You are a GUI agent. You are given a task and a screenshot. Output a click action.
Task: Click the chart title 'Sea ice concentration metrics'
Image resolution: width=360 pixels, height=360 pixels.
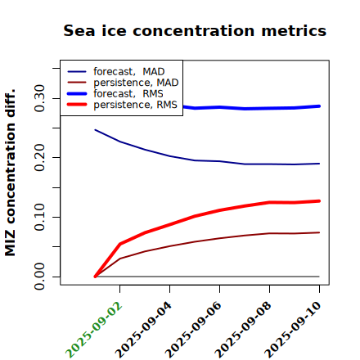(x=195, y=30)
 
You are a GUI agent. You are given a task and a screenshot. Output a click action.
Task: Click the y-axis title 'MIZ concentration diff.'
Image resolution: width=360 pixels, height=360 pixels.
(x=10, y=173)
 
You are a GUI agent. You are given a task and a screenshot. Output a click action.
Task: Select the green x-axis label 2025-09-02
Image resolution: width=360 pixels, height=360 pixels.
(x=94, y=330)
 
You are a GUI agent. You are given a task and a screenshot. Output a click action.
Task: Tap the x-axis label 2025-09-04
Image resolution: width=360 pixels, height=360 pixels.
(x=144, y=330)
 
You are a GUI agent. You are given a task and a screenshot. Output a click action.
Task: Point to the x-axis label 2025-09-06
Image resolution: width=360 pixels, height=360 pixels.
(x=194, y=330)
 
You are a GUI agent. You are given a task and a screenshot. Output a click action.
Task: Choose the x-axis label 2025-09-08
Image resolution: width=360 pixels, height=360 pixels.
(x=244, y=330)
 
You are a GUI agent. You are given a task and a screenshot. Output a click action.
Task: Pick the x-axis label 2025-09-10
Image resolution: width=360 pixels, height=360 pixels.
(x=294, y=330)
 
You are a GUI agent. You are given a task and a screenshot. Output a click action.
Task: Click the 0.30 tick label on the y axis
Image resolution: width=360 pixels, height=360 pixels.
(x=39, y=98)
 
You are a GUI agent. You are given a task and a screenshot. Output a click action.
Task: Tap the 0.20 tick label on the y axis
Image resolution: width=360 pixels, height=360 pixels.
(x=39, y=158)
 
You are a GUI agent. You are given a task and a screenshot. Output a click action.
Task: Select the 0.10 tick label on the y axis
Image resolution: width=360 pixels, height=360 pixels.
(x=39, y=217)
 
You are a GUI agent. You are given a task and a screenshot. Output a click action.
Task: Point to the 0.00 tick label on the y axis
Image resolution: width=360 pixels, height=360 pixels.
(x=39, y=277)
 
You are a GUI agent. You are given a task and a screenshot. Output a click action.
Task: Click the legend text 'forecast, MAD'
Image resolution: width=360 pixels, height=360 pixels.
(x=129, y=72)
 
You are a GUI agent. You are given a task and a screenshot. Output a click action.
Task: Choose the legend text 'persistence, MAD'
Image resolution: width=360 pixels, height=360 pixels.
(x=136, y=83)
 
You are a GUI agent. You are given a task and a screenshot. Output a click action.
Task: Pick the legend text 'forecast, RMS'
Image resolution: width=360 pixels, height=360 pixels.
(x=128, y=94)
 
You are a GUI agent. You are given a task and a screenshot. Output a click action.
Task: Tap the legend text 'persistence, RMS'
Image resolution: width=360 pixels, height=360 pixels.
(x=136, y=105)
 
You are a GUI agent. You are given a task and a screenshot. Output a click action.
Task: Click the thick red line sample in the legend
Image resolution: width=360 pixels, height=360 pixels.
(x=77, y=105)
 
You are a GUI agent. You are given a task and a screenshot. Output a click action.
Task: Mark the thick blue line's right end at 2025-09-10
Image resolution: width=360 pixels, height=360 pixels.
(x=319, y=106)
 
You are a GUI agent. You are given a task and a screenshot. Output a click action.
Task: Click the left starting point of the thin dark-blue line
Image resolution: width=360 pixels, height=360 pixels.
(x=95, y=130)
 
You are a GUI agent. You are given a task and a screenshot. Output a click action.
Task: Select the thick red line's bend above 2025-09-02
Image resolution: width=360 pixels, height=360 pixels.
(x=120, y=244)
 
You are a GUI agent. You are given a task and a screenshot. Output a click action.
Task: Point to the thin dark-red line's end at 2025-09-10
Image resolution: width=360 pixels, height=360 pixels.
(x=319, y=232)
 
